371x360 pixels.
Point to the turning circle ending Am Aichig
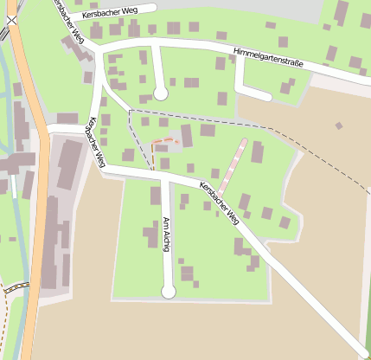169,292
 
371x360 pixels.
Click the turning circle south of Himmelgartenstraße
160,92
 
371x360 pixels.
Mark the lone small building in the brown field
339,125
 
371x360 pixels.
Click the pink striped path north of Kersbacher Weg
232,164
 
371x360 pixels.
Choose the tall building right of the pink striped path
257,152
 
